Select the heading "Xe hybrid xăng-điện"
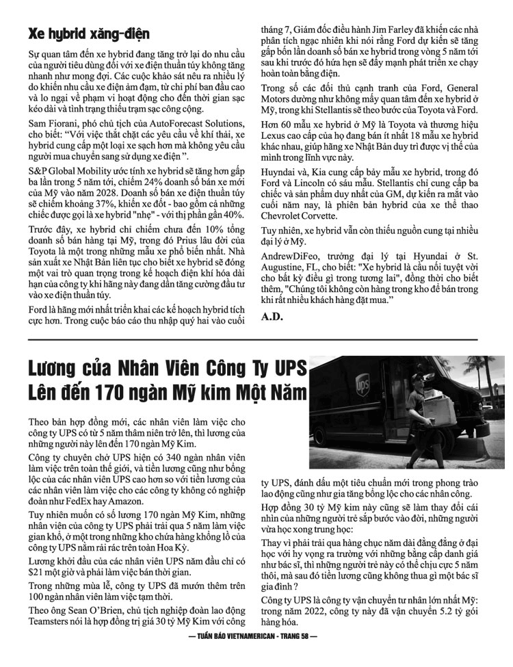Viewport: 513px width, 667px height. (x=88, y=34)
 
